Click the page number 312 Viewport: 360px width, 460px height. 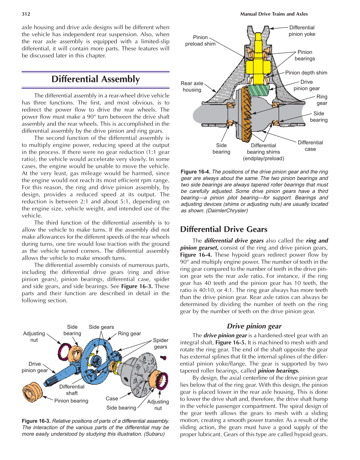coord(26,14)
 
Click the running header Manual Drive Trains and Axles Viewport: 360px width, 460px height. coord(274,14)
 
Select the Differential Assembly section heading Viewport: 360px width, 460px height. coord(96,79)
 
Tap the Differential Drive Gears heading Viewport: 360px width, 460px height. coord(224,229)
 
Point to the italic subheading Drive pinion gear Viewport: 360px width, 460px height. coord(254,326)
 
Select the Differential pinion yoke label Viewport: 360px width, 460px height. coord(301,31)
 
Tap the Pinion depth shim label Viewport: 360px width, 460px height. coord(306,73)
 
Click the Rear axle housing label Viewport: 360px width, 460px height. coord(192,87)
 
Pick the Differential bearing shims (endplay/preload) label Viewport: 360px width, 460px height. coord(263,152)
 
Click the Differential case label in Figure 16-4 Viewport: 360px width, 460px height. coord(310,146)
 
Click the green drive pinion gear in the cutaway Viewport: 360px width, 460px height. coord(258,91)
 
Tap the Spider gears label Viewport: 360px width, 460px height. coord(160,344)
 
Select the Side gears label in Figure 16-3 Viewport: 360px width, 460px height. coord(101,327)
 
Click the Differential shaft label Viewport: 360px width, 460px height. coord(72,390)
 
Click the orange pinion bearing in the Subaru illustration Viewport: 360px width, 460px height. coord(32,392)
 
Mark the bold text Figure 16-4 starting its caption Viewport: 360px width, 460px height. coord(195,172)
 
